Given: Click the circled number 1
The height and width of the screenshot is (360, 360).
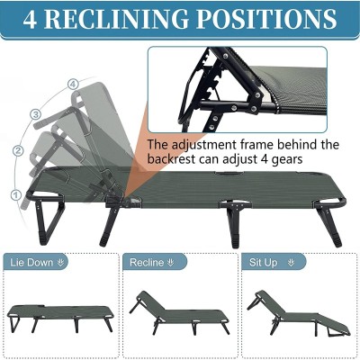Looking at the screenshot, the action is tap(16, 195).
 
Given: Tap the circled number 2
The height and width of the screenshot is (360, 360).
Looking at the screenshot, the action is tap(19, 150).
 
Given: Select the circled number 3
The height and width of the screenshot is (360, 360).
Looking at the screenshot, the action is tap(36, 114).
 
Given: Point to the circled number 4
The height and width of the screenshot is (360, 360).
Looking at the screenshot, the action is tap(73, 85).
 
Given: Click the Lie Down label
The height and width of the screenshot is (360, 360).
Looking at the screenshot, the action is tap(31, 263).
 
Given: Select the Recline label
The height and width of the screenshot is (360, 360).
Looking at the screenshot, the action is tap(147, 263).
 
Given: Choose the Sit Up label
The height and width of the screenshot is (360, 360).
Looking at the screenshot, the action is tap(264, 263).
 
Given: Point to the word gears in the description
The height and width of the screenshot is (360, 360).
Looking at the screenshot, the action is tap(287, 159).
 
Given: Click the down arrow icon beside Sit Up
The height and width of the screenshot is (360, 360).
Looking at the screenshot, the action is tap(291, 263).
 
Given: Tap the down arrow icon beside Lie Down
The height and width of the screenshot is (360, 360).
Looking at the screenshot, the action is tap(61, 263).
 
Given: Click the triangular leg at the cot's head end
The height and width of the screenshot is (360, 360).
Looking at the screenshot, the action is tap(48, 219).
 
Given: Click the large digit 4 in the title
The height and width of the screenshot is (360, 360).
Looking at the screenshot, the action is tap(30, 20).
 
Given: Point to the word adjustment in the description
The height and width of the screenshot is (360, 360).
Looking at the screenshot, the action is tap(203, 146).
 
